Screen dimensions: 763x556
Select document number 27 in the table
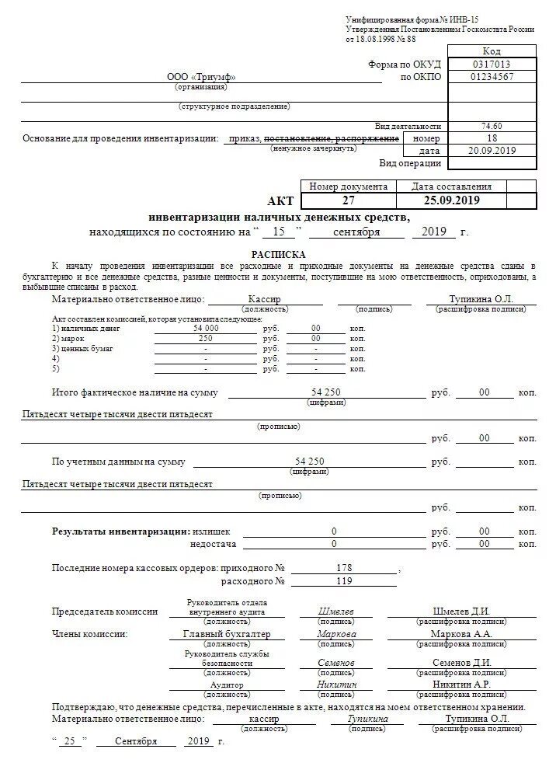[x=348, y=200]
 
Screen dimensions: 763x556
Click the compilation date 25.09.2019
[x=451, y=200]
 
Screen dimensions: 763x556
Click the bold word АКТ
[x=280, y=200]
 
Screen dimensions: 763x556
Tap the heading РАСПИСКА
[x=278, y=254]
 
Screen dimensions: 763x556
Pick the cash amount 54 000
[x=206, y=328]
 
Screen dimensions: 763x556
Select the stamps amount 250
[x=206, y=338]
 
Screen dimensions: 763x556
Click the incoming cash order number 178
[x=345, y=568]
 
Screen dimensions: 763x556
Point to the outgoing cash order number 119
[x=345, y=580]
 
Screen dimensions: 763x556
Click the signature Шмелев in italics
[x=336, y=611]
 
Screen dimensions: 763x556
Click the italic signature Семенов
[x=336, y=662]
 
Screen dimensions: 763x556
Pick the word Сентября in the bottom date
[x=136, y=741]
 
